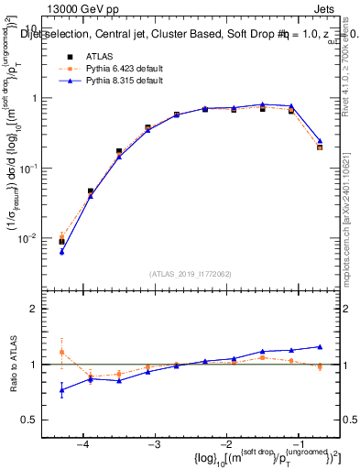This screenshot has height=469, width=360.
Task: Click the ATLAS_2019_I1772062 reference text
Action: [190, 273]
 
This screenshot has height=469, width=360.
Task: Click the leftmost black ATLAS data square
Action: [61, 242]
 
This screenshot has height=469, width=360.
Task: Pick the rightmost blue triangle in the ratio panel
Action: [320, 346]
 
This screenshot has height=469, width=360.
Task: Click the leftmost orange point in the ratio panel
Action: [61, 353]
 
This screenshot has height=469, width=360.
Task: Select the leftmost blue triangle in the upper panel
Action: [61, 251]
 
